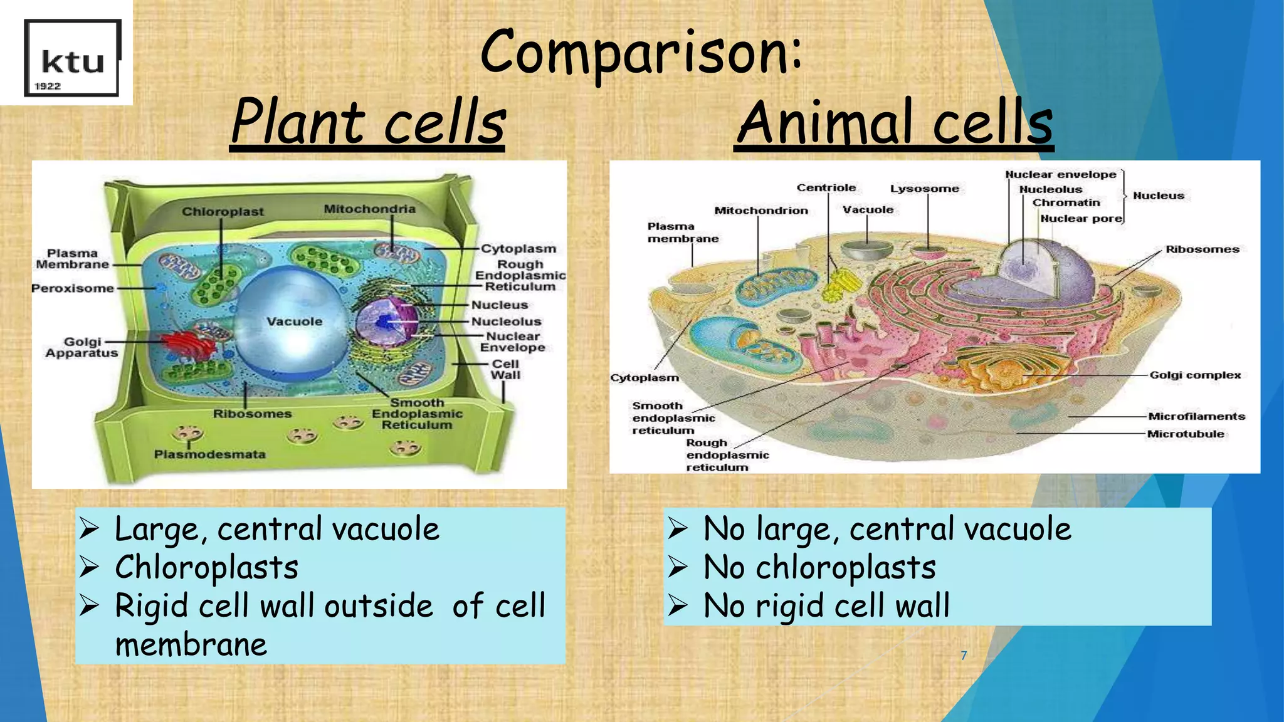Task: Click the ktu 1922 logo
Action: click(x=71, y=58)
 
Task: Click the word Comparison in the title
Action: click(x=639, y=53)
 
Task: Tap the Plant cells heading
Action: click(x=367, y=122)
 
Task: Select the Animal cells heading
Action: click(x=894, y=122)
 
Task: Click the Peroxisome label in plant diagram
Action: click(x=73, y=288)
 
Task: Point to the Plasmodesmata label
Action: click(x=209, y=454)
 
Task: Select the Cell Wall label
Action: click(x=505, y=369)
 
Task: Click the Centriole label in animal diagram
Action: click(x=826, y=187)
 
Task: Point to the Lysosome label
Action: click(x=924, y=188)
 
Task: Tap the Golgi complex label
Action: click(x=1194, y=375)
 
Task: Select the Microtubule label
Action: click(x=1185, y=434)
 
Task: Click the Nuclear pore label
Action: click(x=1081, y=218)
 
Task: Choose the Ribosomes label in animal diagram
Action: click(x=1202, y=249)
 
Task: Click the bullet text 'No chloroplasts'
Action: click(x=819, y=567)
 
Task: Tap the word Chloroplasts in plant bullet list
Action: click(x=206, y=567)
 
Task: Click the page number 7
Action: click(x=964, y=656)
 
